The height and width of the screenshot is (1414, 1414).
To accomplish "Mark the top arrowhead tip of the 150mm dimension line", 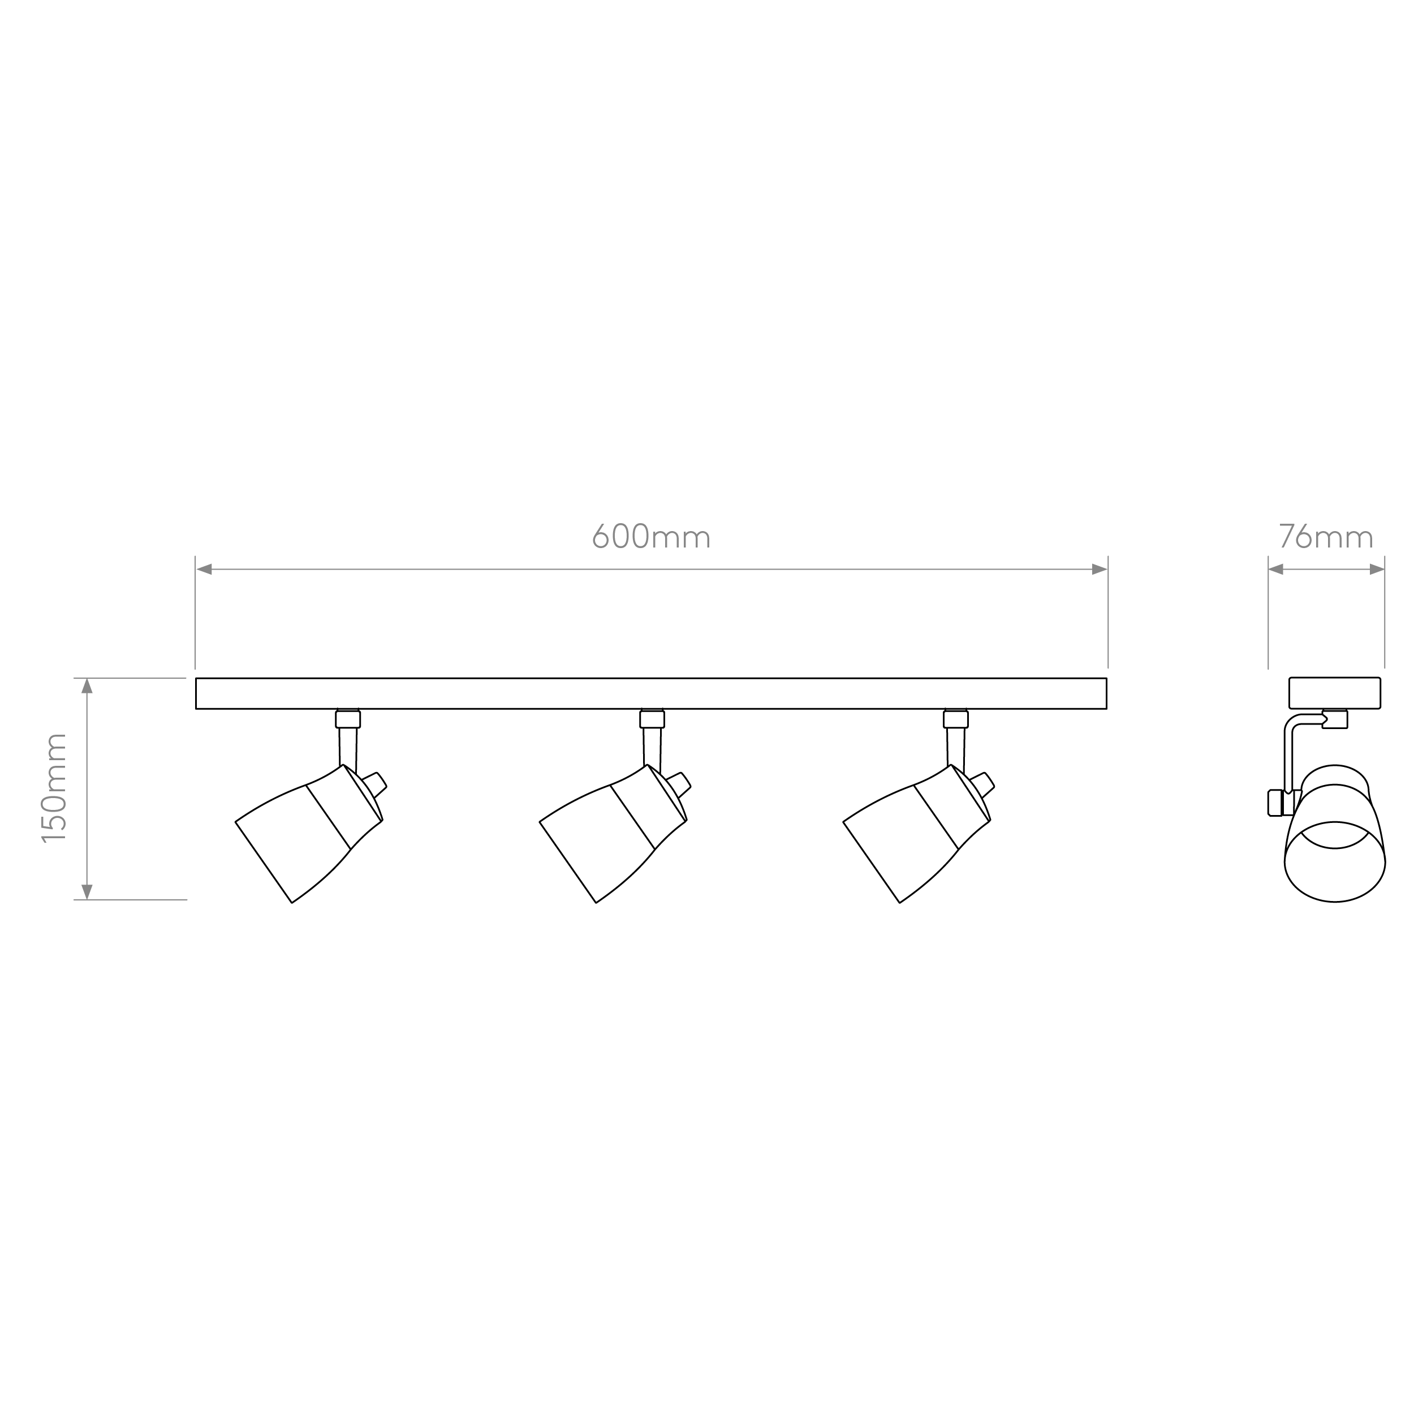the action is [x=87, y=679].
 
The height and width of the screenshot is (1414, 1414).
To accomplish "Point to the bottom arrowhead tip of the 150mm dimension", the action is [x=87, y=899].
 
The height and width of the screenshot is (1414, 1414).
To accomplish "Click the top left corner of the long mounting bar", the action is [x=196, y=679].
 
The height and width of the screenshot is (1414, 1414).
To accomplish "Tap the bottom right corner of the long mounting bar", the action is [x=1107, y=709].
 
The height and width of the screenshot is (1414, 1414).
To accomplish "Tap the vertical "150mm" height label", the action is [x=54, y=788].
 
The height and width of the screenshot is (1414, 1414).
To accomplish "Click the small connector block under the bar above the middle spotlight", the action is [x=652, y=719].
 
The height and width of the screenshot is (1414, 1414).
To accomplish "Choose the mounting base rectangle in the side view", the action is [x=1334, y=693].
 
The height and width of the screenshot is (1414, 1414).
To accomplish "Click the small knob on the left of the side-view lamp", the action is [x=1275, y=802].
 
